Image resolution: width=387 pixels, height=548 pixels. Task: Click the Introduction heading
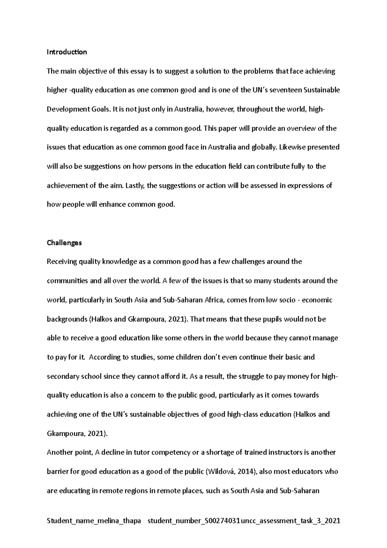(x=67, y=52)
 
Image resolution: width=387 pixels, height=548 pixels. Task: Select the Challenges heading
(x=64, y=243)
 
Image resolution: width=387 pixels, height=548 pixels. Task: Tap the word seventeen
(x=287, y=90)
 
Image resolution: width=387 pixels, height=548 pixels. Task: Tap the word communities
(x=67, y=281)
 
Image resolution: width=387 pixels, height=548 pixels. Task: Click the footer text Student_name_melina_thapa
(x=94, y=521)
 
